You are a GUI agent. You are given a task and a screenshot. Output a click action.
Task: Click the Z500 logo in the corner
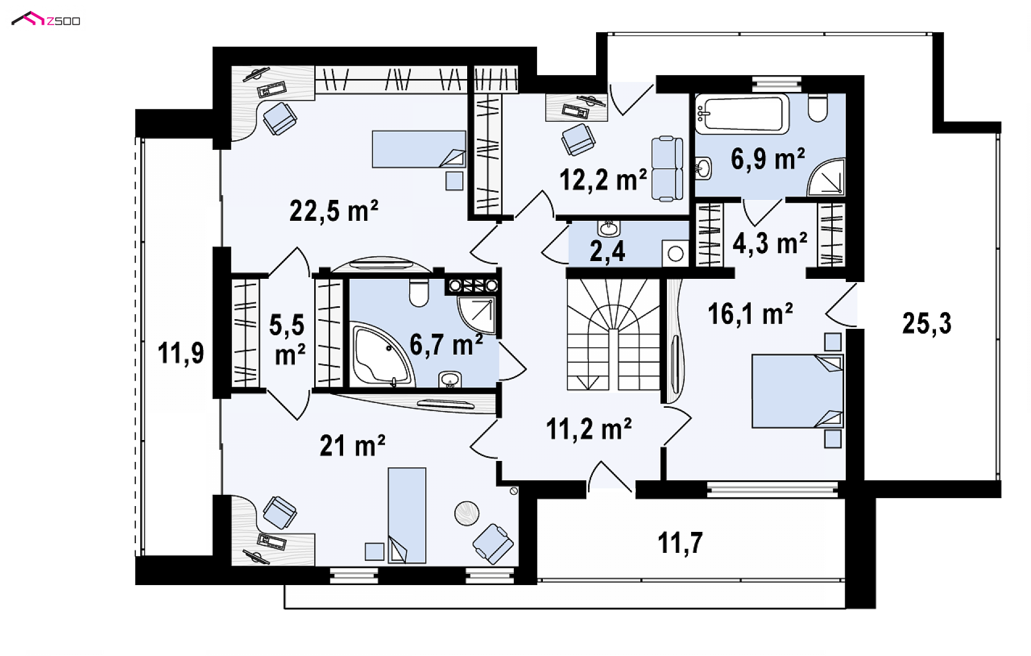pos(46,20)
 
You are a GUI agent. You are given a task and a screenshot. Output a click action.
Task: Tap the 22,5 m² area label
pos(333,211)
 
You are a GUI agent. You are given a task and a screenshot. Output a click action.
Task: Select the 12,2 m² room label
pos(602,179)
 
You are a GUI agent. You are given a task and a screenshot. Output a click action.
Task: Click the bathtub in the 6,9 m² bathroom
pos(742,114)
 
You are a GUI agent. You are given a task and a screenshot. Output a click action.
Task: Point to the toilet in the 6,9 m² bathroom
pos(817,108)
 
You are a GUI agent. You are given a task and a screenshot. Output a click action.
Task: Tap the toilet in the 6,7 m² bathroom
pos(418,292)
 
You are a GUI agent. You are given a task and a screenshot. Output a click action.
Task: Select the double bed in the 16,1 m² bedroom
pos(797,391)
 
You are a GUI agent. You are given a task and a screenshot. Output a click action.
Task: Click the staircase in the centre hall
pos(613,334)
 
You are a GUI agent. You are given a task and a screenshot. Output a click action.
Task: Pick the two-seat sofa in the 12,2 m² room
pos(667,169)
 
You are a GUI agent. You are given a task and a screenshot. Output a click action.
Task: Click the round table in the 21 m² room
pos(467,513)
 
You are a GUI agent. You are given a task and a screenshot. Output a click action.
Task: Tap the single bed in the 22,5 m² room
pos(419,149)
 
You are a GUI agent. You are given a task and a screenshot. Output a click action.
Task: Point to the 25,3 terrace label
pos(927,323)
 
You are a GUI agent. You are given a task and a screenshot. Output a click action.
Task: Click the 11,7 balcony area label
pos(680,543)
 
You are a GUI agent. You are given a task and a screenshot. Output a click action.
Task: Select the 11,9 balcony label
pos(181,354)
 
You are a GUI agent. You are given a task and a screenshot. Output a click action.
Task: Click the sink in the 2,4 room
pos(608,228)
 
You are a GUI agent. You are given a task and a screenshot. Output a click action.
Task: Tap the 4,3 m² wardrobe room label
pos(770,243)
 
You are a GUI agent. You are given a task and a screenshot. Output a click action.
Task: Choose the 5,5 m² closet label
pos(287,340)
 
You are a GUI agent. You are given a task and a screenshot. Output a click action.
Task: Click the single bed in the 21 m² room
pos(407,515)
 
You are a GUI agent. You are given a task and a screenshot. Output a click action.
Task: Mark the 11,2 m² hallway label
pos(589,429)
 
